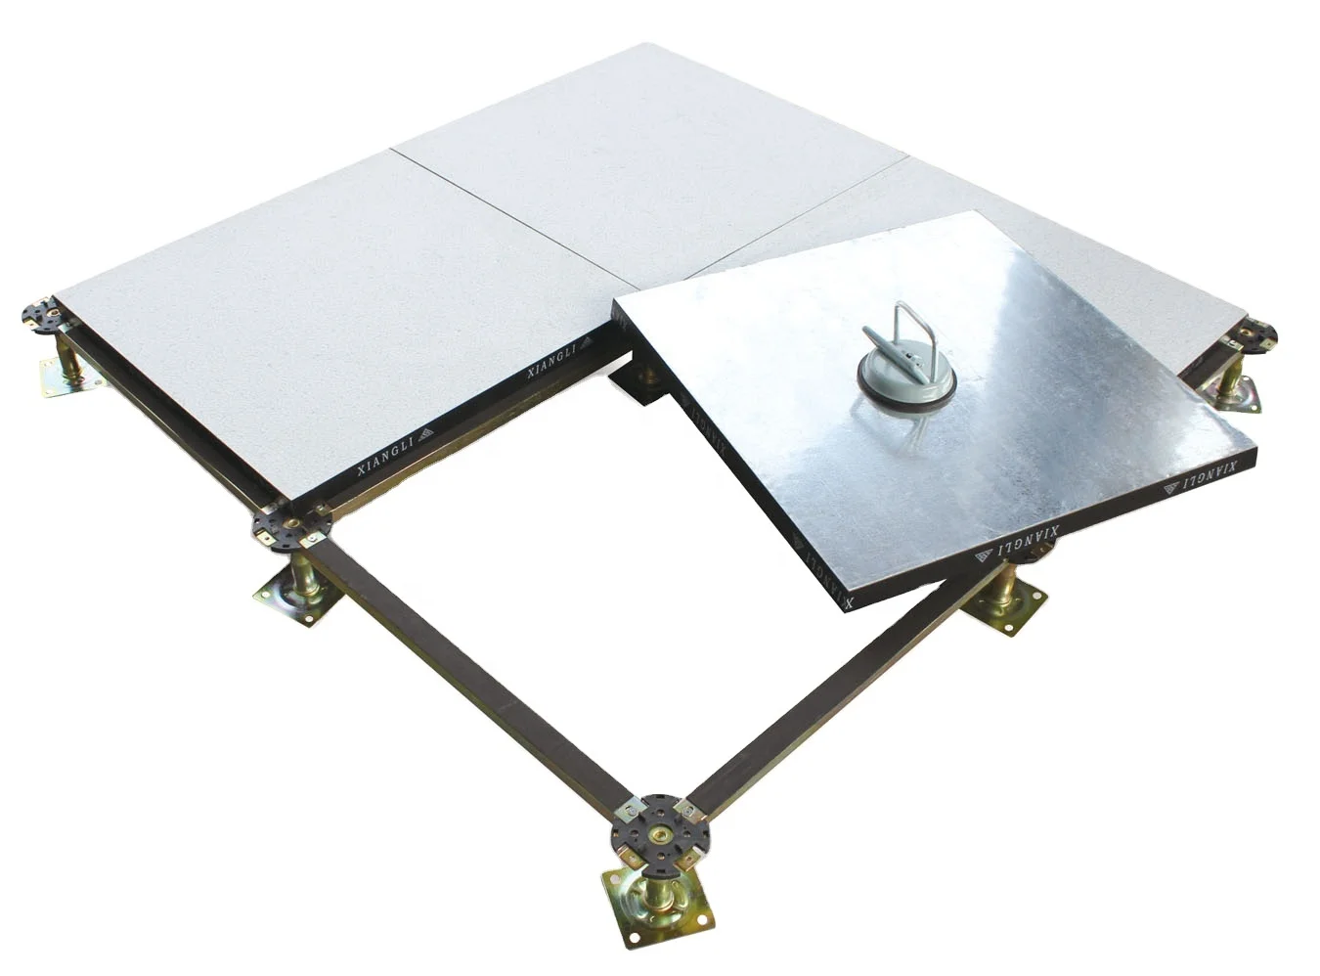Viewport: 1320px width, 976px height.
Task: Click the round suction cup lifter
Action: coord(902,373)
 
